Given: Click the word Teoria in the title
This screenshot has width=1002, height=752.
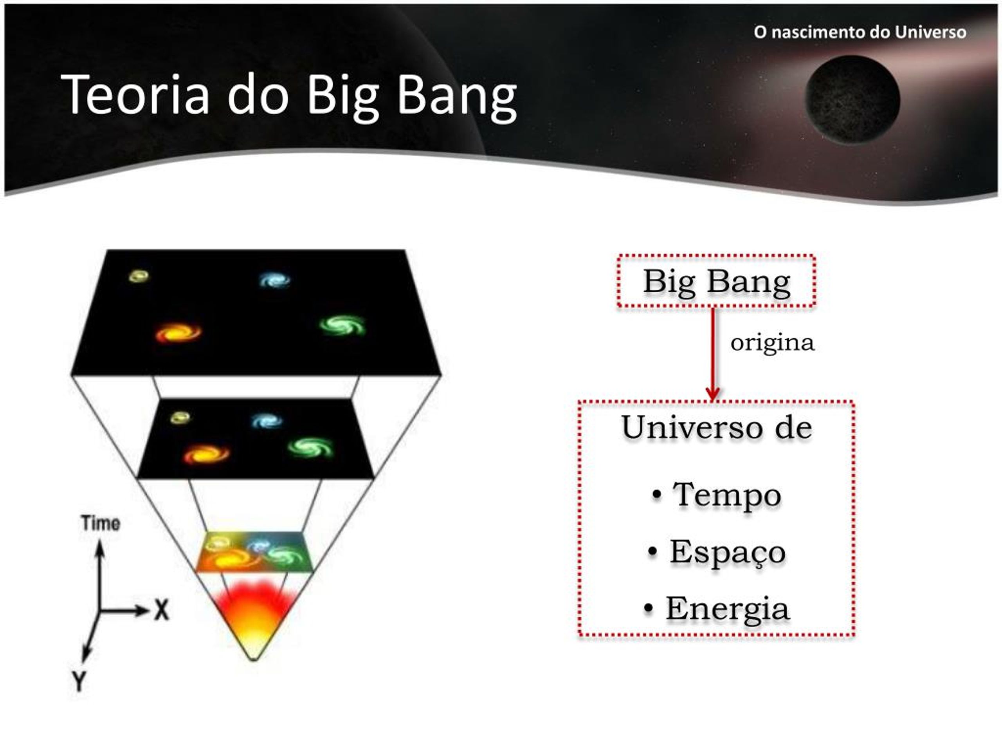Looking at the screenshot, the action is (135, 94).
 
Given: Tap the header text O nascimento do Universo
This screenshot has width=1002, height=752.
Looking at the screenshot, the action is (860, 32).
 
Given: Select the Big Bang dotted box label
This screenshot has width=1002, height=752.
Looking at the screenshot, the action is (717, 282).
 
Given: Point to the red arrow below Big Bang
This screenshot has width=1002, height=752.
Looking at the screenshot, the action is (713, 354).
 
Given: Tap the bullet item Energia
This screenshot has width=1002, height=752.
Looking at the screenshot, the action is (717, 609).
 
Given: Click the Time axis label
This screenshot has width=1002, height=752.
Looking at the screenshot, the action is (101, 524).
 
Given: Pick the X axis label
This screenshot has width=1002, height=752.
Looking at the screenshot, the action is (161, 610).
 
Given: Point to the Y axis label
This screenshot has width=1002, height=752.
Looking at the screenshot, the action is (79, 681).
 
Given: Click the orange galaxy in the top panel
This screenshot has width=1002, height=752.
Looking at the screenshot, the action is (178, 333).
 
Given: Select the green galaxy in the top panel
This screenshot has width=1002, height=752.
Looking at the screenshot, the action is (342, 325).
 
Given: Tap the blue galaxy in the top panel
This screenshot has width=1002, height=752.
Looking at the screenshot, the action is (274, 280).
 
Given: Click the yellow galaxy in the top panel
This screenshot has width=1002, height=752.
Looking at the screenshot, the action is (139, 276).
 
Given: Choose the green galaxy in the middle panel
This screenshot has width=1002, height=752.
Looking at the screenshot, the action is (310, 448).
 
